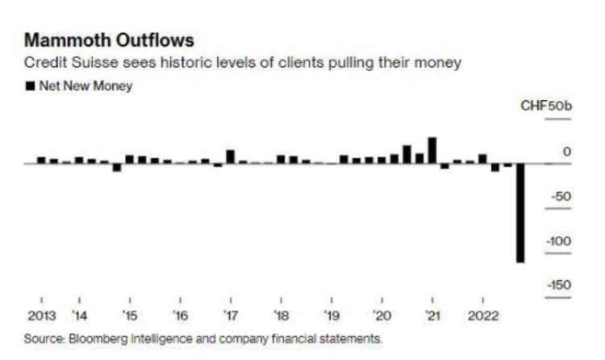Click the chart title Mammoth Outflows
(x=110, y=40)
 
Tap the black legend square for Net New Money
(x=31, y=86)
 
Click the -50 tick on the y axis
(x=560, y=196)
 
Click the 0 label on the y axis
(x=566, y=152)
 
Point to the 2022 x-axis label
(x=483, y=315)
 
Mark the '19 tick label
(x=331, y=315)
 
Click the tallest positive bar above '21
(x=432, y=149)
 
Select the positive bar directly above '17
(x=230, y=156)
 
